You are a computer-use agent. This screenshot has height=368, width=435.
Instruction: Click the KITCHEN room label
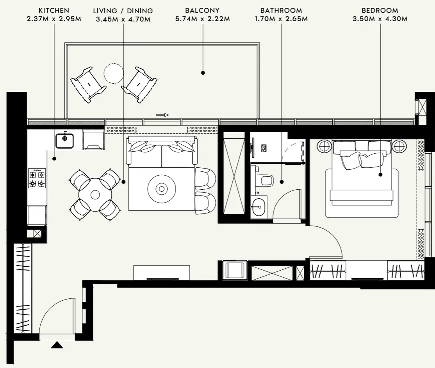pyautogui.click(x=54, y=11)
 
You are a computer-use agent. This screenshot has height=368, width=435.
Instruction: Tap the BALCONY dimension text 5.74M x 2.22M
pyautogui.click(x=202, y=18)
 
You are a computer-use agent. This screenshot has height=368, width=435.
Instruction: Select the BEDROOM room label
pyautogui.click(x=380, y=11)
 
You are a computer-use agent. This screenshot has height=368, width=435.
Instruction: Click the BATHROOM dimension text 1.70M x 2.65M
pyautogui.click(x=281, y=18)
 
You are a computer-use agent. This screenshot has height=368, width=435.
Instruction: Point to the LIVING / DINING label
pyautogui.click(x=123, y=11)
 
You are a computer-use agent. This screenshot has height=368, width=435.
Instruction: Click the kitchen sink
pyautogui.click(x=64, y=140)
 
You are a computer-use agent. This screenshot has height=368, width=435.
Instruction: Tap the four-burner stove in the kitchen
pyautogui.click(x=37, y=178)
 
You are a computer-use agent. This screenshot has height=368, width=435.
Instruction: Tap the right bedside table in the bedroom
pyautogui.click(x=399, y=147)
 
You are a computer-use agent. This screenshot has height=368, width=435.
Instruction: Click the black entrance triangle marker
pyautogui.click(x=57, y=345)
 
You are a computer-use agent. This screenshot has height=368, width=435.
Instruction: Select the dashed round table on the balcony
pyautogui.click(x=114, y=74)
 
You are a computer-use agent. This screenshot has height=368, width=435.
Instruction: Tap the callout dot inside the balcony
pyautogui.click(x=203, y=72)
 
